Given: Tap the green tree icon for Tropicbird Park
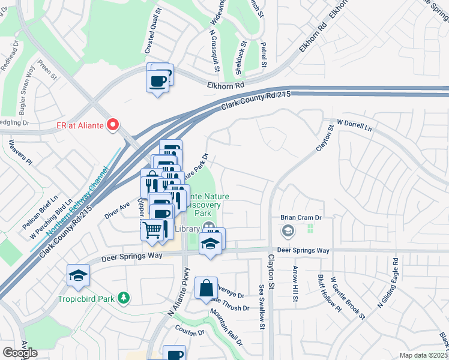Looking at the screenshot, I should pyautogui.click(x=124, y=298).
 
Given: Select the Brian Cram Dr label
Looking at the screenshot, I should pyautogui.click(x=301, y=218).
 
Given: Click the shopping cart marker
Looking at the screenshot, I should pyautogui.click(x=152, y=228).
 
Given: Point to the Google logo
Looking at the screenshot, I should pyautogui.click(x=20, y=353).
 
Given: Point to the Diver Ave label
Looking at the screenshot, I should pyautogui.click(x=117, y=206).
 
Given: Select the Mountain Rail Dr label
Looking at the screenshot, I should pyautogui.click(x=226, y=327).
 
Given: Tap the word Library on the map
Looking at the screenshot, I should pyautogui.click(x=187, y=229).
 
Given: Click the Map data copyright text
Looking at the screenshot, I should pyautogui.click(x=423, y=355).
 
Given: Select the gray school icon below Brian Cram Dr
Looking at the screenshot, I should pyautogui.click(x=288, y=230).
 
